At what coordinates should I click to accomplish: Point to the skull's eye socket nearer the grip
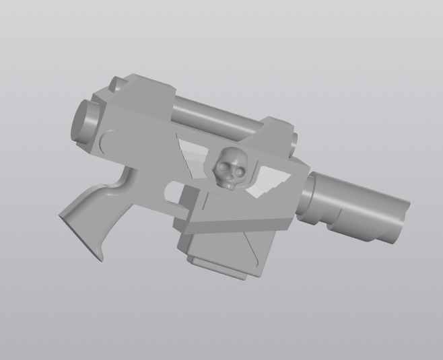(221, 164)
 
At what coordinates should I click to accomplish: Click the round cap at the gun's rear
(83, 121)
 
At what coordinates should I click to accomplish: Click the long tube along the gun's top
(215, 114)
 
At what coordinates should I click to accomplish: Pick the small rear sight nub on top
(116, 83)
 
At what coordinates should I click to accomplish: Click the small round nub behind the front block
(295, 141)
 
